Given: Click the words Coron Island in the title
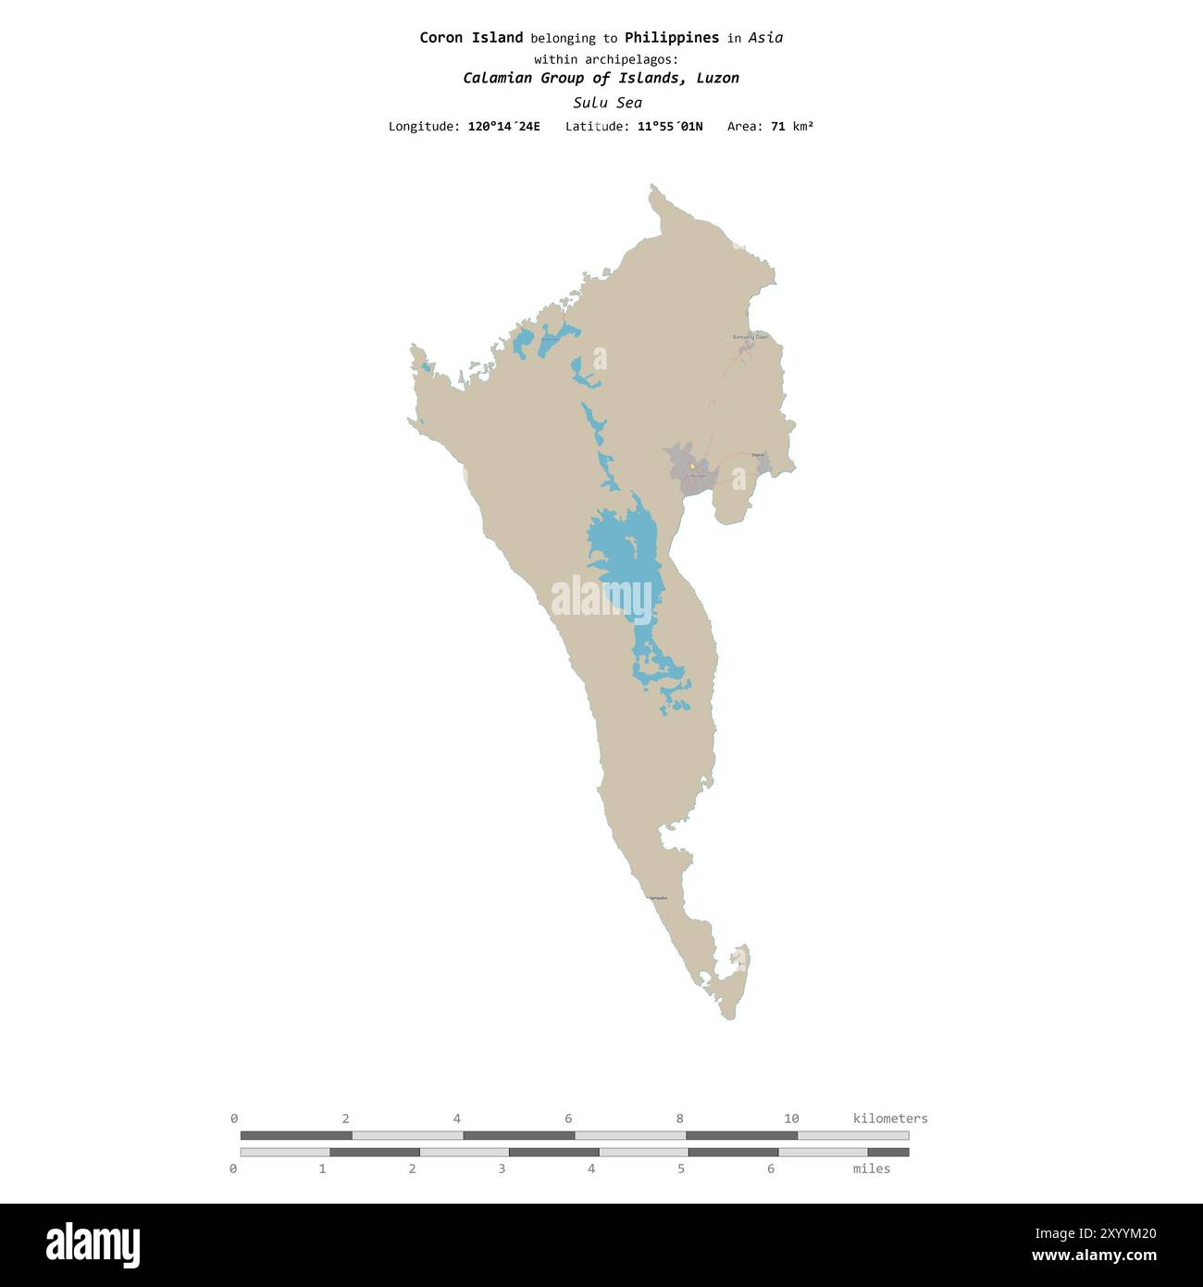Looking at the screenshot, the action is coord(471,38).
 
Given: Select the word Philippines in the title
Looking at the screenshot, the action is coord(671,38).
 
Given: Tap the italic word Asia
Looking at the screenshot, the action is coord(765,38).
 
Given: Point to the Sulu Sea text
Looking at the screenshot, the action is coord(607,103).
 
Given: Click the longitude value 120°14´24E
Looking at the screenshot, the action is coord(503,126).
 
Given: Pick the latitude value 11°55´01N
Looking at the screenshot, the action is coord(669,126).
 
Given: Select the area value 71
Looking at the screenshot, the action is coord(777,126).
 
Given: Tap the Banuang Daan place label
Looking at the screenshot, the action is coord(750,337).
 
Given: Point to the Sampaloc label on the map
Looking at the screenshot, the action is coord(658,898).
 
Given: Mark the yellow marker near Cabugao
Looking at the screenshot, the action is coord(691,466).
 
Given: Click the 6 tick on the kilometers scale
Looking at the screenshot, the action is coord(568,1118).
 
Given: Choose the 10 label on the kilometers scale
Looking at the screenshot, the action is coord(791,1118).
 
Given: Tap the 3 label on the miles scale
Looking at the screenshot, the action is coord(502,1168).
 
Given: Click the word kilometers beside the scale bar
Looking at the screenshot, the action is coord(889,1118).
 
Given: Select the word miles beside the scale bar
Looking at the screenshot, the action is coord(871,1168).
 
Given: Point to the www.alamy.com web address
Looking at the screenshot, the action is coord(1094,1256).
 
